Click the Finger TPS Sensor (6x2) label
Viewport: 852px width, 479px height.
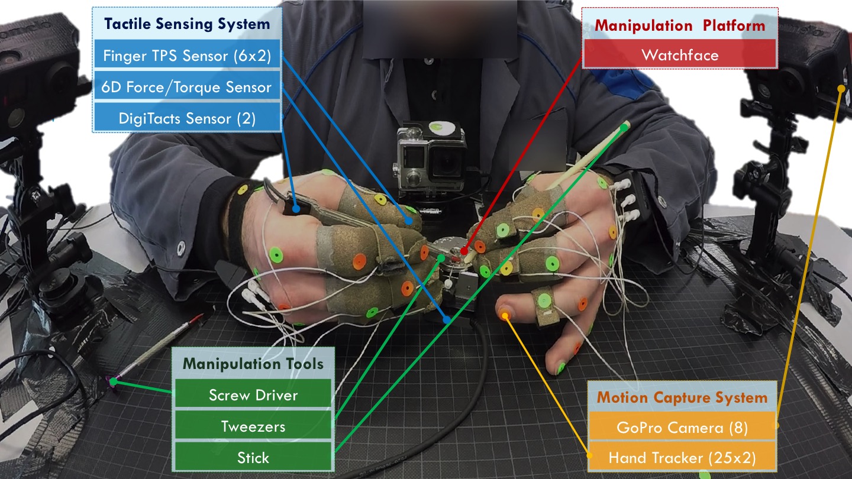(187, 56)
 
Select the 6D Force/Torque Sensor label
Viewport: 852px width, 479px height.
(187, 87)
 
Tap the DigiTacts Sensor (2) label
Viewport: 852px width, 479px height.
(187, 118)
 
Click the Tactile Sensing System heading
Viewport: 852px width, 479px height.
(187, 24)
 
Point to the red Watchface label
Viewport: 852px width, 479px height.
(680, 55)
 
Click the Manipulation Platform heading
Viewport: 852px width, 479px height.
(680, 25)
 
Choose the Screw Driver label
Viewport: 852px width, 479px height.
(253, 395)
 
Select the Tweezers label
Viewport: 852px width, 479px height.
(253, 426)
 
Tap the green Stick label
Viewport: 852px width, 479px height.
(253, 457)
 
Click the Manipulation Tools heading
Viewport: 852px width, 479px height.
(253, 364)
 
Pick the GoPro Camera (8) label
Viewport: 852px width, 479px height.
(682, 428)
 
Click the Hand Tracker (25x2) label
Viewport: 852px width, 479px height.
(682, 457)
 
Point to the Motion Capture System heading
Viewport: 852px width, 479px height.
(682, 397)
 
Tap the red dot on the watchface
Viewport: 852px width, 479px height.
(464, 251)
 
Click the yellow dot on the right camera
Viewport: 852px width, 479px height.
(841, 89)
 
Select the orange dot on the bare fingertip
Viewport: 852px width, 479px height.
(505, 316)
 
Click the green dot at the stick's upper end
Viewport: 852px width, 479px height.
(624, 128)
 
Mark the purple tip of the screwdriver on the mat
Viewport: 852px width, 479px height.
(113, 381)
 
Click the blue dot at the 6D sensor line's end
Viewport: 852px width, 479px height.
(447, 320)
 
